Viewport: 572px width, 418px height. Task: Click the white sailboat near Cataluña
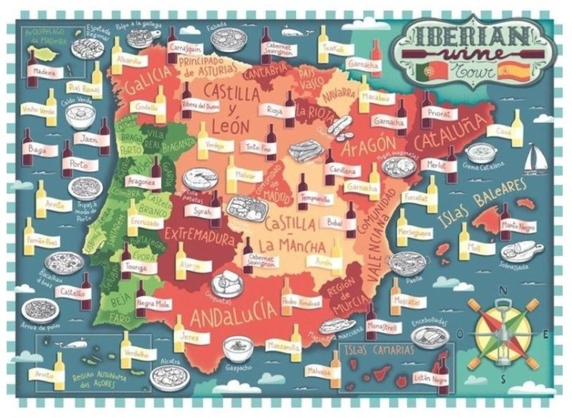(x=535, y=158)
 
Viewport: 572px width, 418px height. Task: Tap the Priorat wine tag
(x=440, y=113)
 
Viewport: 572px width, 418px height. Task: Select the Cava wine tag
(x=503, y=132)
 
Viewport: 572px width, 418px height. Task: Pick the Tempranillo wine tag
(x=315, y=198)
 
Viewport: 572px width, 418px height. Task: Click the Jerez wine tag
(x=188, y=336)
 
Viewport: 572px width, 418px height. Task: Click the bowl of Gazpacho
(x=237, y=349)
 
